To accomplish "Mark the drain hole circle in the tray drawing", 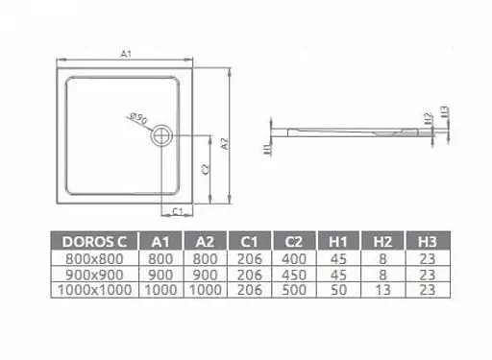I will point(160,136).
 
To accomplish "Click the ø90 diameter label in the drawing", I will point(135,119).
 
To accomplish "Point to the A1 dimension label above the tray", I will point(127,55).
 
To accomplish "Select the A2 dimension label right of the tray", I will point(224,144).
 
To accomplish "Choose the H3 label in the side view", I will point(445,113).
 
